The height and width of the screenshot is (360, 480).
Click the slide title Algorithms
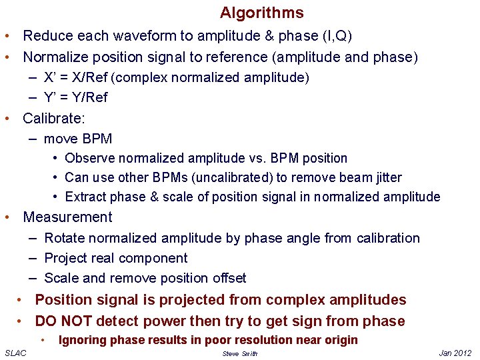261,13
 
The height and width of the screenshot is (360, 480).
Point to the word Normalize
55,57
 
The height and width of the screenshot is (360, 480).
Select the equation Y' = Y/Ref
75,97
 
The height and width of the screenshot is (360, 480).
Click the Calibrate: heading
53,119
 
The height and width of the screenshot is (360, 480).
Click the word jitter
387,177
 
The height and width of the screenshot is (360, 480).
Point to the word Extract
85,197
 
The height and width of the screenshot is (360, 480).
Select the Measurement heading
67,217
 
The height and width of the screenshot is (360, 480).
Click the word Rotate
64,238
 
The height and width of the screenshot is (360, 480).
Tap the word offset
227,278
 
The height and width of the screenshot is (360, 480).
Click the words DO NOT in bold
63,321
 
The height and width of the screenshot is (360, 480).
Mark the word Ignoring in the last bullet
83,340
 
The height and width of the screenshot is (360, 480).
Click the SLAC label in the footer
15,353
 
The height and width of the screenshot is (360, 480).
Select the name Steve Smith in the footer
240,353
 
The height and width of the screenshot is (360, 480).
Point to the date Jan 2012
456,353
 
